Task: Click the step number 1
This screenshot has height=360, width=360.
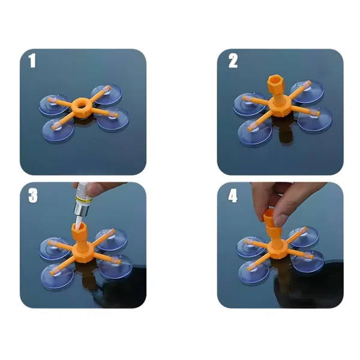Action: [x=32, y=61]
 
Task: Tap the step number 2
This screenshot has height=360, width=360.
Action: [x=233, y=61]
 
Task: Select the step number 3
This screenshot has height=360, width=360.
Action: [x=33, y=196]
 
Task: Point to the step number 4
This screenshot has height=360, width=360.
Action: [x=233, y=196]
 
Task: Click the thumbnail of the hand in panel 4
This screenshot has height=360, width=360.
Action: [x=281, y=220]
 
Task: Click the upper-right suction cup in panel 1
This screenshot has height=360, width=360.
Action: [x=107, y=94]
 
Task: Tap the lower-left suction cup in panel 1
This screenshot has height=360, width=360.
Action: [x=58, y=130]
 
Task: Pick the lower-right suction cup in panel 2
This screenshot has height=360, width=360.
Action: [x=315, y=118]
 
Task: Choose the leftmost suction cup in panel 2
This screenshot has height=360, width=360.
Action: [x=250, y=104]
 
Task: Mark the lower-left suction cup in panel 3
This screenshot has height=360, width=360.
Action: [x=58, y=277]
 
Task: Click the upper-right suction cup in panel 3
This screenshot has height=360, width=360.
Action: [x=112, y=239]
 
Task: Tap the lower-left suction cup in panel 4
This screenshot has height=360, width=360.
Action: [x=254, y=272]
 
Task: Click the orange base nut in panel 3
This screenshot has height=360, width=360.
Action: [x=82, y=253]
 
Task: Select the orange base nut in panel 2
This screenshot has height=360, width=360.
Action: [x=280, y=106]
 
